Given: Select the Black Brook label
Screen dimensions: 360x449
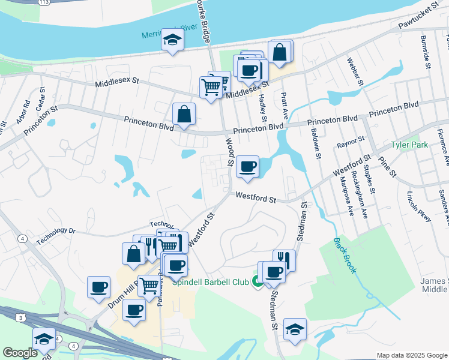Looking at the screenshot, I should coord(346,256).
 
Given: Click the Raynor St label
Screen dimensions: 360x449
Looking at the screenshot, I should coord(351,142).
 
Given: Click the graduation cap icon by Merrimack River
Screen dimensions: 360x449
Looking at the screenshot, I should coord(172,41).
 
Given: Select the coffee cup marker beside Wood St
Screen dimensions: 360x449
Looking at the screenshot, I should coord(247,167).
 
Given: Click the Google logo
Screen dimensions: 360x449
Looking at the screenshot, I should coord(20,353).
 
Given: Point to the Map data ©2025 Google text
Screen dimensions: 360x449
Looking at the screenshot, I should coord(411,355).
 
